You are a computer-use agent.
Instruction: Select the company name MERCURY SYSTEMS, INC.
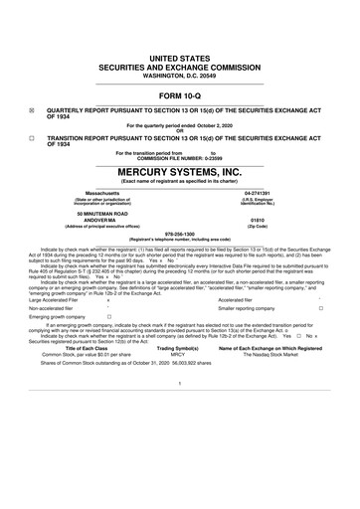coord(179,172)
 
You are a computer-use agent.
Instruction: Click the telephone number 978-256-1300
coord(179,235)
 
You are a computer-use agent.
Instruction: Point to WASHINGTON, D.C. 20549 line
coord(179,77)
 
